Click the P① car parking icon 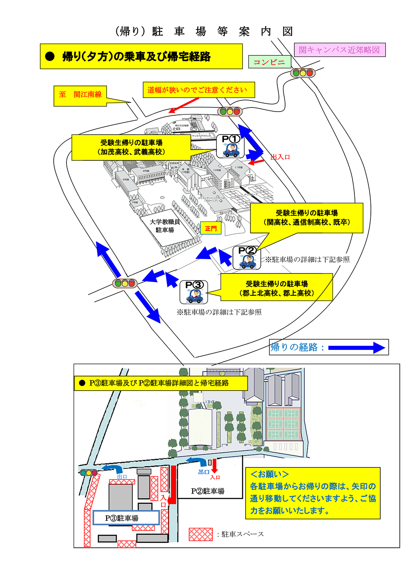click(x=231, y=146)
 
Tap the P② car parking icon click(x=247, y=258)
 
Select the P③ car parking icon click(x=194, y=292)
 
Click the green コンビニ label click(x=269, y=62)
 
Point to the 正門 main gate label click(x=211, y=228)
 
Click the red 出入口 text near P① click(x=280, y=157)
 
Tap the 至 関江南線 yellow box click(x=80, y=95)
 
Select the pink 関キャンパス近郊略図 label click(x=339, y=50)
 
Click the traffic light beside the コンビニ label click(x=303, y=73)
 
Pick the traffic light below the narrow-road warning click(x=230, y=111)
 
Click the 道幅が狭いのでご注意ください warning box click(x=197, y=90)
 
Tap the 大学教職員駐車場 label click(x=165, y=226)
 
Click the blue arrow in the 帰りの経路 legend click(x=356, y=348)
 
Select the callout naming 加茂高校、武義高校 click(x=131, y=147)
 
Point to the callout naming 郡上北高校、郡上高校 click(x=276, y=288)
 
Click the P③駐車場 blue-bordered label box click(x=126, y=518)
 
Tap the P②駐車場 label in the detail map click(x=208, y=491)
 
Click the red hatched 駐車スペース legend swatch click(x=201, y=534)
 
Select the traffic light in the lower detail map click(x=89, y=472)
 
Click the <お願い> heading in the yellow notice click(x=270, y=474)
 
